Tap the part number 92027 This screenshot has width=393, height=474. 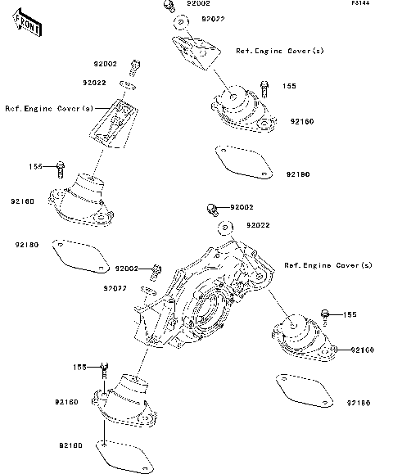(x=115, y=288)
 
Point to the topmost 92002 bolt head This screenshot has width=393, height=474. (x=166, y=7)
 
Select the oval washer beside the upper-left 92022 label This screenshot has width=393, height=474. (x=127, y=84)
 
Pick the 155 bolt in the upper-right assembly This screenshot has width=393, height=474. (x=264, y=85)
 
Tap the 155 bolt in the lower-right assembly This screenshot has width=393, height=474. (x=326, y=314)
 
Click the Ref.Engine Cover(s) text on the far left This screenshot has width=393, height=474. (x=48, y=108)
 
